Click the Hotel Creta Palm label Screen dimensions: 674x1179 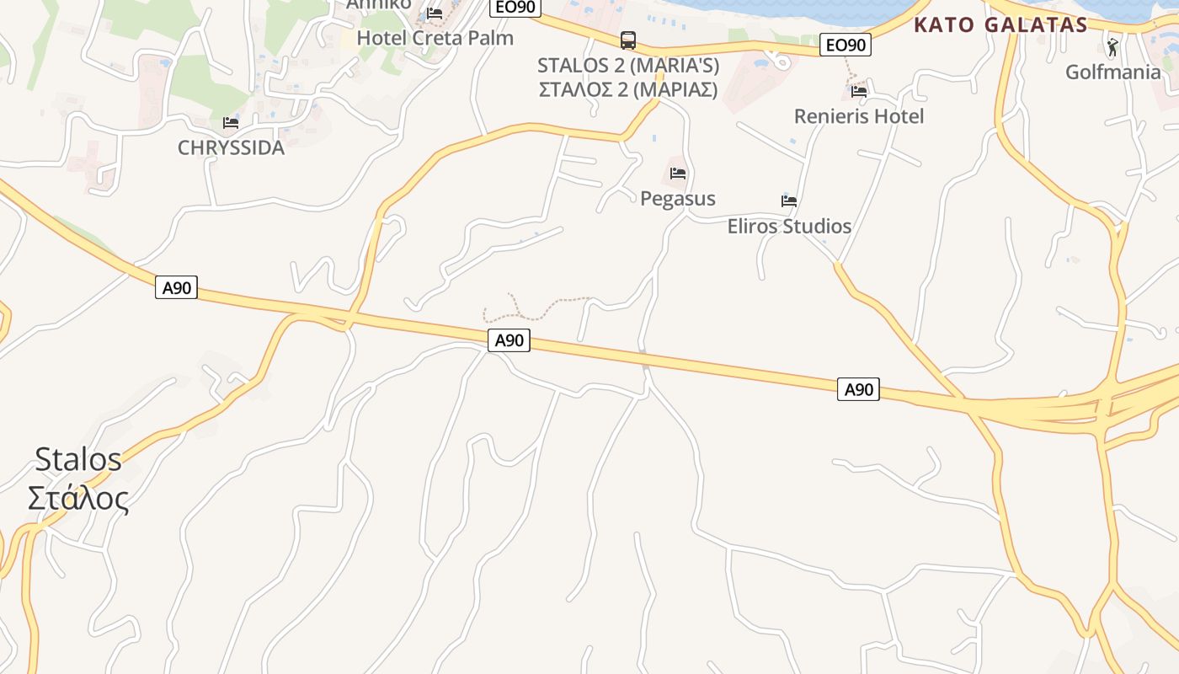435,38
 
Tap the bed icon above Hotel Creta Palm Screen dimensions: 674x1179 435,13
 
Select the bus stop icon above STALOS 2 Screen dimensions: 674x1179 628,40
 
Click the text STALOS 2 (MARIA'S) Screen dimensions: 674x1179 628,65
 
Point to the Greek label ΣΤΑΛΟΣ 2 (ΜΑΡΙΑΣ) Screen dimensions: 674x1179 628,89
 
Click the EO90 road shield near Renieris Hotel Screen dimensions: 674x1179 845,45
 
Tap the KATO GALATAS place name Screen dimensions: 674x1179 1000,24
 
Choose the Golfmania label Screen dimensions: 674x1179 1112,72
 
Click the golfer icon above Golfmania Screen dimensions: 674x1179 1112,46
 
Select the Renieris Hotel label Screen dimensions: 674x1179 859,116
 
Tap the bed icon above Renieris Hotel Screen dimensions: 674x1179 859,91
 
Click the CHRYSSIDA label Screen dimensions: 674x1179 231,147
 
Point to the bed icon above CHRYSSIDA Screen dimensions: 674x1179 231,123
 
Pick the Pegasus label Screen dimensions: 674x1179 678,199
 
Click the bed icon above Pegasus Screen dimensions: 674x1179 678,174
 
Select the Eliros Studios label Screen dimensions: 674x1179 789,226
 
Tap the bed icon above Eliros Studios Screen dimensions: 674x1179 789,201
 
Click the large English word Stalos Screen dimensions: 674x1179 78,459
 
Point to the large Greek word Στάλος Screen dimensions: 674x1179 78,498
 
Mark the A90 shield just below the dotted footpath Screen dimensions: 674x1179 509,340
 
